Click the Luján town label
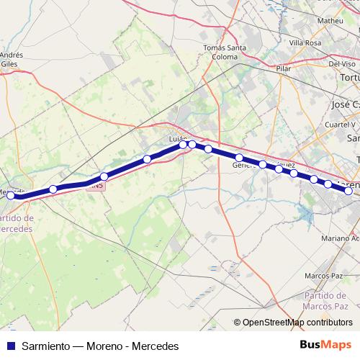tap(177, 137)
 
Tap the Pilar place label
tap(283, 68)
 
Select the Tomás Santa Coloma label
tap(225, 52)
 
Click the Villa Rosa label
tap(305, 42)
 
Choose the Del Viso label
tap(343, 63)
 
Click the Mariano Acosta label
tap(339, 238)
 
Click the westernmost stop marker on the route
tap(10, 195)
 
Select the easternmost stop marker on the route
tap(348, 191)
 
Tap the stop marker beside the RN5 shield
tap(104, 176)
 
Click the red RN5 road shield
tap(97, 186)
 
